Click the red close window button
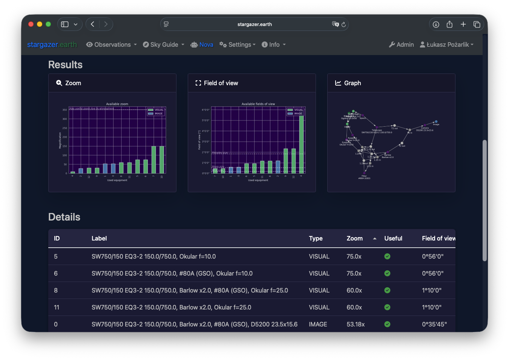31,24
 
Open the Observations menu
112,44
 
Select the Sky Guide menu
164,44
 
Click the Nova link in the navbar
202,44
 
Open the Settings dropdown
238,44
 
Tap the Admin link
402,44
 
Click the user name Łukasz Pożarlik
447,44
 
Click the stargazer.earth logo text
52,44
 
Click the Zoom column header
355,238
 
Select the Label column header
99,238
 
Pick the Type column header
316,238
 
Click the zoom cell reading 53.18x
356,324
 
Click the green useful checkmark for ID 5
387,256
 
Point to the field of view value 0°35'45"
434,324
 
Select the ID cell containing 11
57,307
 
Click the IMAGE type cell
318,324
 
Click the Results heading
65,65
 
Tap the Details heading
64,217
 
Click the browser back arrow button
92,24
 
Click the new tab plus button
463,24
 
